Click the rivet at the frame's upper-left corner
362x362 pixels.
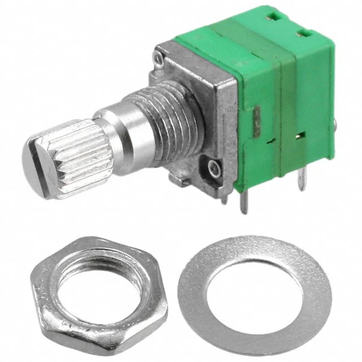[x=160, y=57]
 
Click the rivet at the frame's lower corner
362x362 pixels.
[x=214, y=168]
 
